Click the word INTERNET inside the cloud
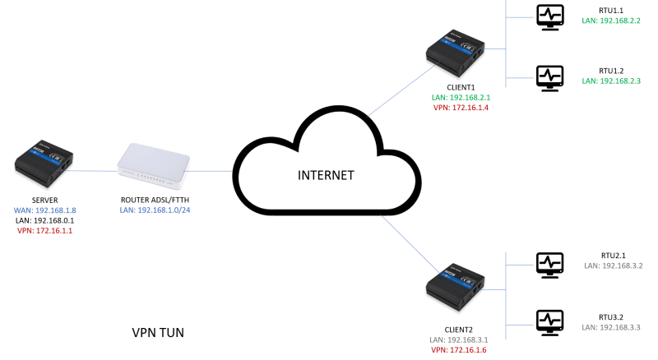[x=327, y=175]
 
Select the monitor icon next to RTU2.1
[x=549, y=263]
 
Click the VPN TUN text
[x=158, y=334]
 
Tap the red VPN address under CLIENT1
[x=461, y=108]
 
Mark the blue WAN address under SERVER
[x=45, y=210]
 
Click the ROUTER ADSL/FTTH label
[x=154, y=200]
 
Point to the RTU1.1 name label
[x=610, y=10]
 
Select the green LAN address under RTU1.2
[x=611, y=81]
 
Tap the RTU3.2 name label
[x=611, y=316]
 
